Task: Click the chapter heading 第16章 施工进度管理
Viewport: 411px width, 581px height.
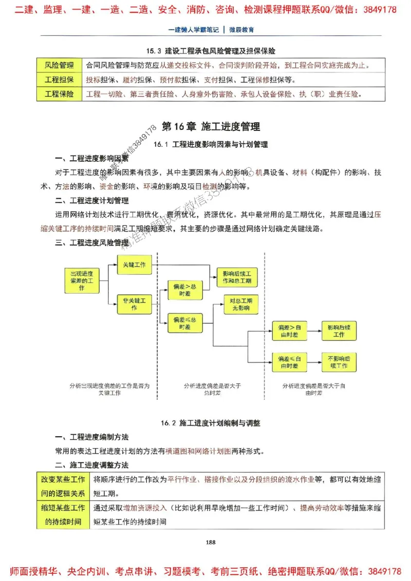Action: pyautogui.click(x=211, y=127)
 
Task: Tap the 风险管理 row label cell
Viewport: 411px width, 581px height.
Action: pyautogui.click(x=59, y=66)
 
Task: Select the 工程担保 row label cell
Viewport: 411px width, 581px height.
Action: pyautogui.click(x=59, y=80)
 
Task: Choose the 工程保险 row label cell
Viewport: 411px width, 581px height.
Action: pyautogui.click(x=59, y=94)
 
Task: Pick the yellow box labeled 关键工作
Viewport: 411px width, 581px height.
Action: pyautogui.click(x=134, y=265)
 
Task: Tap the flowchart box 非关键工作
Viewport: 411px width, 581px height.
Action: pyautogui.click(x=134, y=304)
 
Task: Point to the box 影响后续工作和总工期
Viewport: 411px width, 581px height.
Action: pyautogui.click(x=237, y=278)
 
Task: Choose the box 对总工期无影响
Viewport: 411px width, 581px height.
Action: pyautogui.click(x=239, y=304)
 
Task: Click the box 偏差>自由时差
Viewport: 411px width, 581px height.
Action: pyautogui.click(x=289, y=331)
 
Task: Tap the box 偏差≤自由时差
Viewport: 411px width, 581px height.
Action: pyautogui.click(x=289, y=362)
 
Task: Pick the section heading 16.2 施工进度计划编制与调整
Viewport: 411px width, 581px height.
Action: pyautogui.click(x=211, y=423)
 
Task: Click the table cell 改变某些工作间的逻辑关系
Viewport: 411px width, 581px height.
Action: pyautogui.click(x=63, y=486)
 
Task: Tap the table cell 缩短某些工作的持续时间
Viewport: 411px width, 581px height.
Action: pyautogui.click(x=63, y=515)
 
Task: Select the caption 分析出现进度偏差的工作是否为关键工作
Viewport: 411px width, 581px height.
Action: pyautogui.click(x=109, y=389)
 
